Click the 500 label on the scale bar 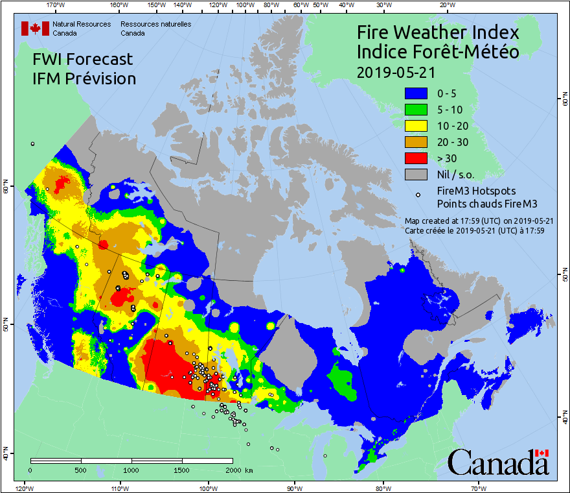[x=80, y=470]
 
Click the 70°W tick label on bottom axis [x=478, y=487]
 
